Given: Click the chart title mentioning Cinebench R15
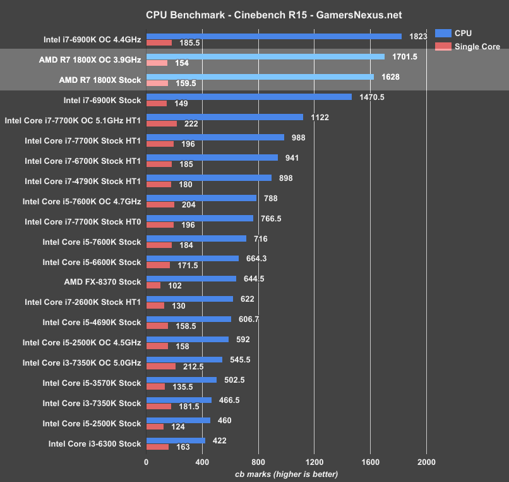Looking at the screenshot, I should click(x=265, y=15).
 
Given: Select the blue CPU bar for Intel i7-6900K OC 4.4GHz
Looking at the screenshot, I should click(x=273, y=36).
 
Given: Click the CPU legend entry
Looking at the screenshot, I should click(x=463, y=34).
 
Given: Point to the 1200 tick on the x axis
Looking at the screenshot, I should click(x=314, y=462).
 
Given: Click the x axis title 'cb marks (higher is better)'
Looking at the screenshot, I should click(x=286, y=474).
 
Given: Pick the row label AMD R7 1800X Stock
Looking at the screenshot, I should click(x=100, y=80).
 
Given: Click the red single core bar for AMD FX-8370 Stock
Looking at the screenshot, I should click(x=153, y=285).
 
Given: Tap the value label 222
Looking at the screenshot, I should click(x=190, y=124).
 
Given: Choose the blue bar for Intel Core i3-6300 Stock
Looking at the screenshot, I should click(x=176, y=440).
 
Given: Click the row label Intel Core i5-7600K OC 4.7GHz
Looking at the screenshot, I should click(x=81, y=201).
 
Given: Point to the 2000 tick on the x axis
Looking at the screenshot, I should click(x=426, y=462).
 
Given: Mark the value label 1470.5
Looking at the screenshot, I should click(x=371, y=97).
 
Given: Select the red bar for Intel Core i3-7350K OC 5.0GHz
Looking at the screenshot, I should click(x=161, y=366).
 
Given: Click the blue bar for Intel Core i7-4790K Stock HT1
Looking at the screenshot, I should click(x=209, y=178).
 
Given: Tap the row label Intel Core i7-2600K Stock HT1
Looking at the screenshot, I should click(x=83, y=302).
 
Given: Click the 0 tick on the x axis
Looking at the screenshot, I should click(x=147, y=462).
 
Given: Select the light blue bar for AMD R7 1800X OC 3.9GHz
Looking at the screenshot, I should click(x=265, y=56).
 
